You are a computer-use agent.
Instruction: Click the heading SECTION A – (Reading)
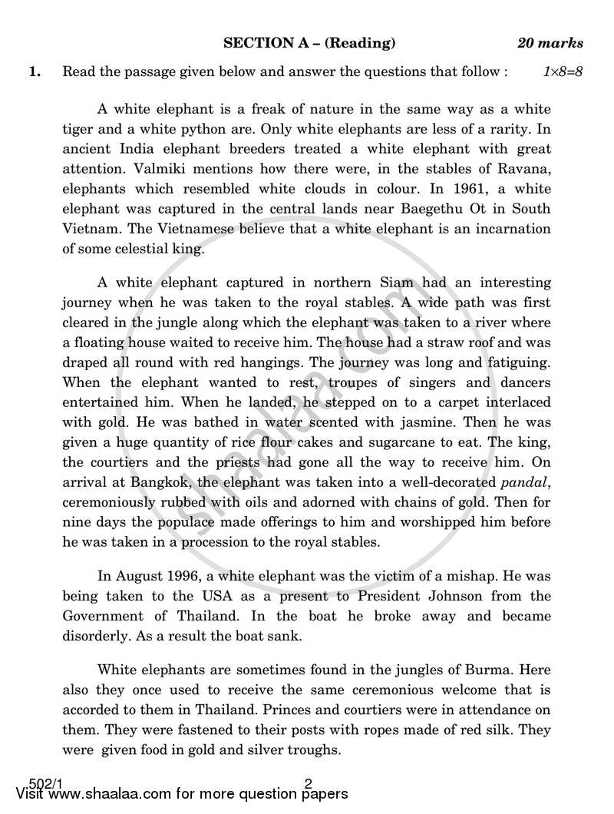(309, 43)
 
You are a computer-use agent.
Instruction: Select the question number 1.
(35, 72)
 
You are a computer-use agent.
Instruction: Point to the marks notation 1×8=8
(563, 72)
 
